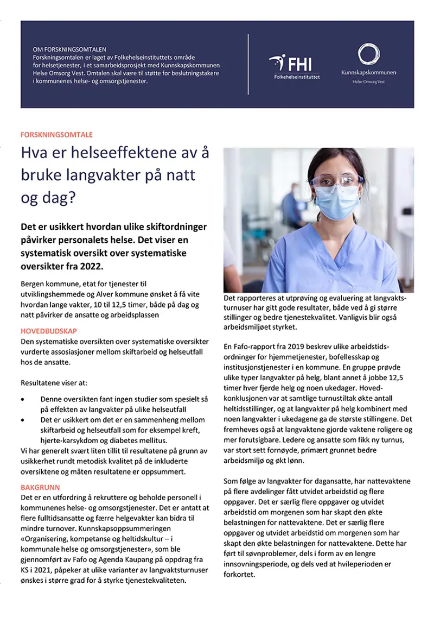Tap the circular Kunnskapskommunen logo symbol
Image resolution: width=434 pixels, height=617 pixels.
pos(368,55)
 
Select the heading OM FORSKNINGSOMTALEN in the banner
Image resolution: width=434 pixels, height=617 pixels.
pos(69,49)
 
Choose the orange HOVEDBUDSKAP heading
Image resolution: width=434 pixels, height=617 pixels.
pos(48,331)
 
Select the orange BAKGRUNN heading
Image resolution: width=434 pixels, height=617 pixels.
pos(40,487)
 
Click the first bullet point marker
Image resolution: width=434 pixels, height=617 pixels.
pos(22,399)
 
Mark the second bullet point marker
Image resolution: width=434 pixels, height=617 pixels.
pos(22,420)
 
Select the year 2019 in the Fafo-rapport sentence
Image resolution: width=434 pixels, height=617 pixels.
pos(292,347)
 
